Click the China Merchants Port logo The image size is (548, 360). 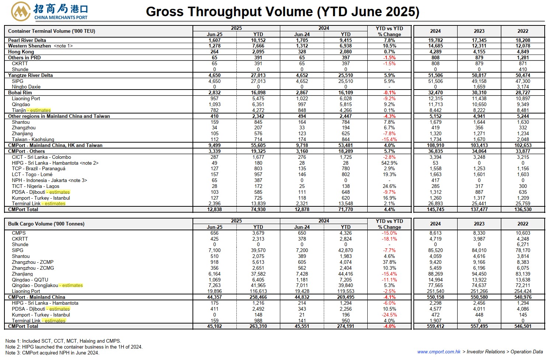pos(49,11)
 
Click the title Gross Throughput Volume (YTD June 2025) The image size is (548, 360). pos(282,11)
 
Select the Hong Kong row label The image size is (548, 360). pos(21,52)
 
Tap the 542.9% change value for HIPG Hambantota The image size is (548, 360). pos(389,163)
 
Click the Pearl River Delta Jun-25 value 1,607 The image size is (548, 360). pos(215,40)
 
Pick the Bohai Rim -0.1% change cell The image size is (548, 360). pos(389,92)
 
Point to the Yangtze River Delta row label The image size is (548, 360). pos(30,75)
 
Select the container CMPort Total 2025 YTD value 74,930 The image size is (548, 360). pos(258,209)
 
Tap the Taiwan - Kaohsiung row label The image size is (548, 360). pos(33,140)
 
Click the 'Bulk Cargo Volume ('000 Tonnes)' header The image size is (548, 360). pos(46,224)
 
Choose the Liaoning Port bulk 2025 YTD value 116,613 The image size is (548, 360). pos(258,291)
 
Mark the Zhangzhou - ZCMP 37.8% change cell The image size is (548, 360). pos(389,262)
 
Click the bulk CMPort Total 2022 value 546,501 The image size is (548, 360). pos(523,326)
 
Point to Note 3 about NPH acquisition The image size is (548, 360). pos(52,353)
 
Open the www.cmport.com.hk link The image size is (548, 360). pos(439,352)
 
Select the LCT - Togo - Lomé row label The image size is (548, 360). pos(32,175)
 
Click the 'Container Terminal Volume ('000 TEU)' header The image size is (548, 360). pos(52,31)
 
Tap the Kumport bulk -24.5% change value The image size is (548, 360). pos(389,315)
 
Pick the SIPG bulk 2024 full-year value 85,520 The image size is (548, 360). pos(436,251)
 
